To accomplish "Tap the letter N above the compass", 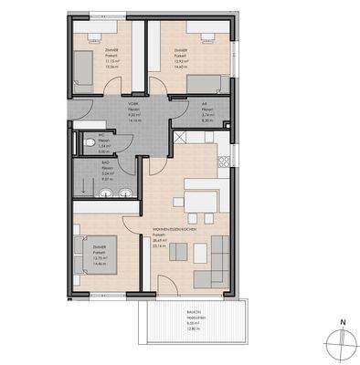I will (x=342, y=322).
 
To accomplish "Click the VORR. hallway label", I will (x=133, y=105).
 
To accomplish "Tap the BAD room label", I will (x=107, y=165).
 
